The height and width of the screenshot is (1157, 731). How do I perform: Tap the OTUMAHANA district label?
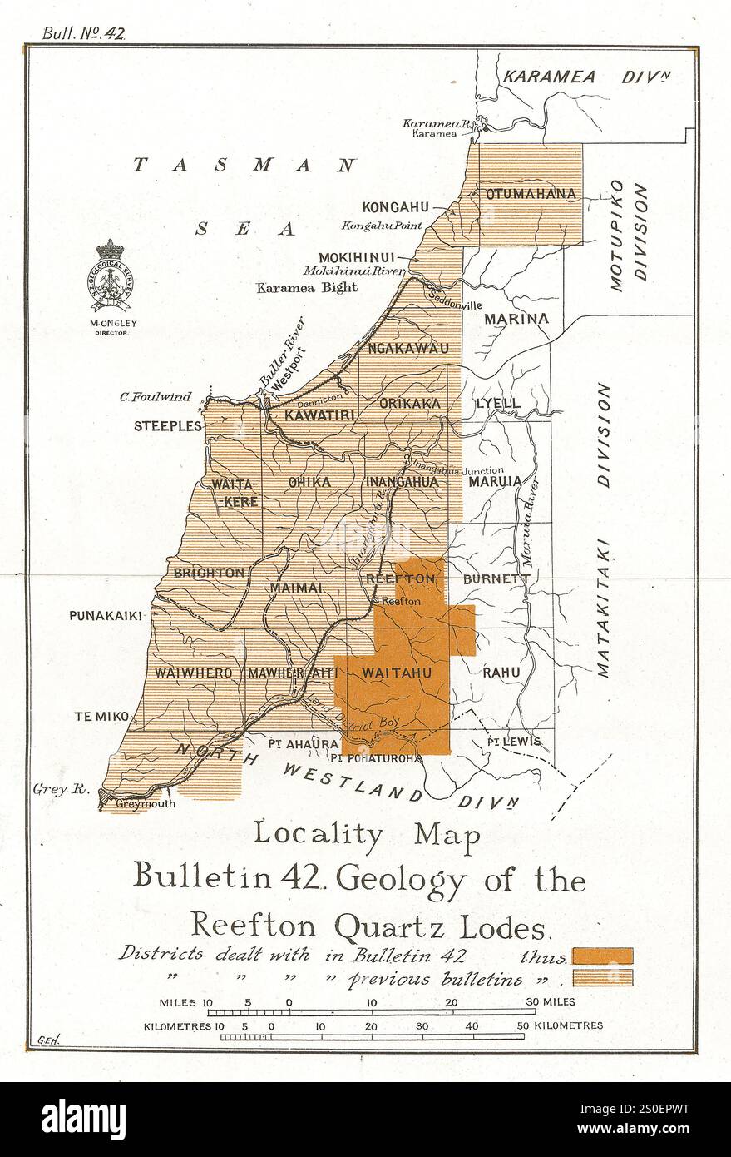pyautogui.click(x=531, y=194)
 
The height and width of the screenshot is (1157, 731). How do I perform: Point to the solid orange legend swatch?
pyautogui.click(x=603, y=956)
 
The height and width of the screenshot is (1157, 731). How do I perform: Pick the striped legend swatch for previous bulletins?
pyautogui.click(x=603, y=977)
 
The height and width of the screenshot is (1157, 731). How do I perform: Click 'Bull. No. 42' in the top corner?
pyautogui.click(x=83, y=33)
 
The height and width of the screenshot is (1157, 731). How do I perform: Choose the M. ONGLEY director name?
pyautogui.click(x=111, y=321)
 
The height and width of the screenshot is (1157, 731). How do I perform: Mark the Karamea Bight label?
pyautogui.click(x=307, y=287)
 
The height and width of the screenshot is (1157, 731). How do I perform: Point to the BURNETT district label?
pyautogui.click(x=496, y=578)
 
